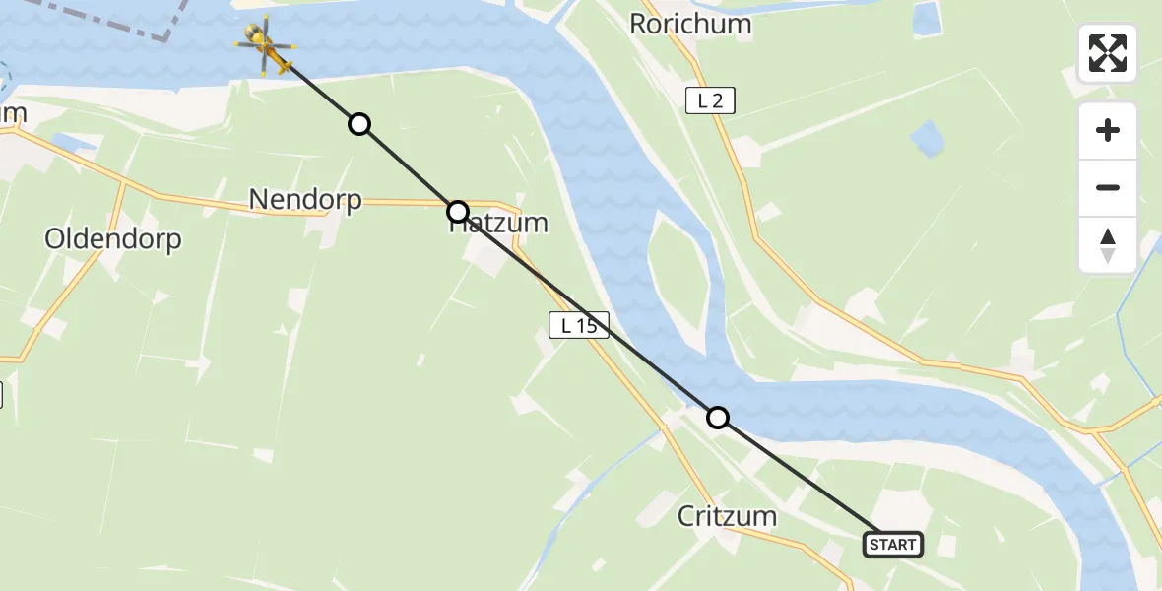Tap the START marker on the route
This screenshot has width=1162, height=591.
click(893, 544)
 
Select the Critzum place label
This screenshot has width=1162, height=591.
click(728, 515)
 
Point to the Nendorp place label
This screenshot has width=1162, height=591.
click(305, 200)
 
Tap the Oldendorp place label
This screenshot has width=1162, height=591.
click(113, 239)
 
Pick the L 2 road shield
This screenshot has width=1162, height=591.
click(710, 99)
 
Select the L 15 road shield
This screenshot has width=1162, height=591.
click(579, 325)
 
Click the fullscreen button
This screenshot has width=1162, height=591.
click(1108, 53)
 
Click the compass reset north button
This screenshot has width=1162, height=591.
click(1108, 245)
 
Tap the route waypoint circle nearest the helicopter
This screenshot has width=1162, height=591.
click(360, 124)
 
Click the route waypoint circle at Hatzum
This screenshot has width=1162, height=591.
click(458, 211)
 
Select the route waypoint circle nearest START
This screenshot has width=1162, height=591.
click(719, 418)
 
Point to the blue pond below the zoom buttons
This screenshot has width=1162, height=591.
click(928, 139)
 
